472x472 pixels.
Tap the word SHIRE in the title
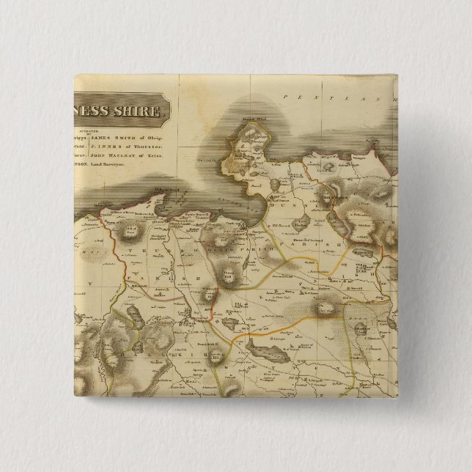(x=147, y=113)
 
